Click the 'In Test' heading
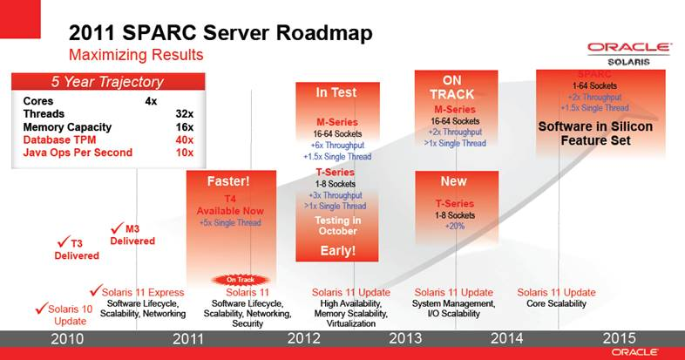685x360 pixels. pos(336,92)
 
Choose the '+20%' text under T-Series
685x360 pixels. pos(455,225)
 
